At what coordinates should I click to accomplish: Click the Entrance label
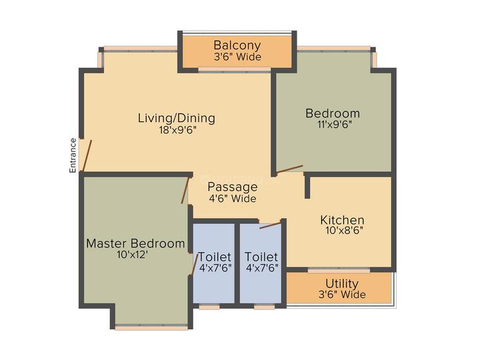point(73,155)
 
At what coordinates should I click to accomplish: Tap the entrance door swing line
point(87,156)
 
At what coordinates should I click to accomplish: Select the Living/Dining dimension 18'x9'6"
point(177,130)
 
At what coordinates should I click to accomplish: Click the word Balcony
point(237,45)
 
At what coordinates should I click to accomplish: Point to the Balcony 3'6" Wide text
point(237,57)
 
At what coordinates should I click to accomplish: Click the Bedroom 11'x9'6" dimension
point(335,124)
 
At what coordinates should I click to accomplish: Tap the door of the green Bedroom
point(289,169)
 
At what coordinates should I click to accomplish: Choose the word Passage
point(233,187)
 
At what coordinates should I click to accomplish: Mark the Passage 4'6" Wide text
point(233,199)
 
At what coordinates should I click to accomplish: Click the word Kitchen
point(342,220)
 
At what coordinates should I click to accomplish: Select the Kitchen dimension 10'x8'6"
point(345,230)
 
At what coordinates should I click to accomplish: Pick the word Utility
point(342,284)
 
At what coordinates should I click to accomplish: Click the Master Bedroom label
point(135,243)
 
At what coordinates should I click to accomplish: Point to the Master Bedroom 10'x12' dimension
point(133,255)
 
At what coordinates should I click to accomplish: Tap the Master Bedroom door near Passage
point(185,191)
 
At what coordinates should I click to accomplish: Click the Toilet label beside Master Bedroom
point(215,257)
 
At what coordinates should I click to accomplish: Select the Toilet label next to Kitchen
point(261,257)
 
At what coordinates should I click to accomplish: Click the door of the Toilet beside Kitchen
point(270,226)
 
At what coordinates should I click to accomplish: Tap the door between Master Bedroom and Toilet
point(195,265)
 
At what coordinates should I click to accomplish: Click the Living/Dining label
point(177,118)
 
